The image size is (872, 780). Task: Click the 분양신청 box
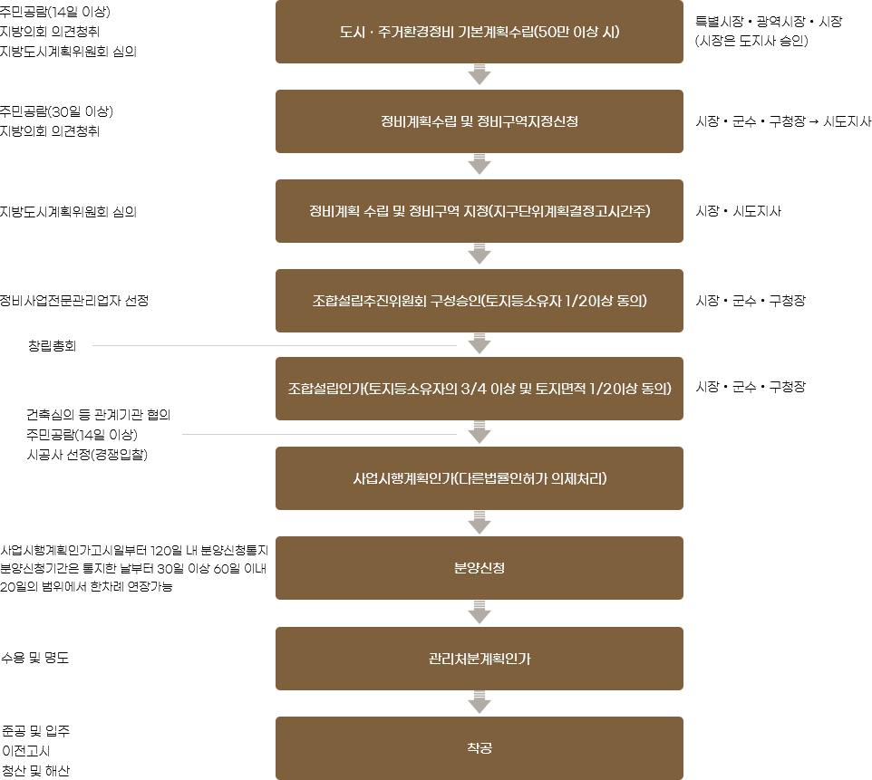point(480,568)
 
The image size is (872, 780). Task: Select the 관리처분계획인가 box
point(480,659)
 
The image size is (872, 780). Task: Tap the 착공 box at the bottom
point(480,748)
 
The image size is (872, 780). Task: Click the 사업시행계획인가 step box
point(480,478)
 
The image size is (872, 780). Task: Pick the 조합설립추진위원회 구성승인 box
point(480,301)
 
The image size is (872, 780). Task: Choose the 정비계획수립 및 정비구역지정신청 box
point(480,121)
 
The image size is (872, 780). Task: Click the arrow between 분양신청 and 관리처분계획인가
point(480,612)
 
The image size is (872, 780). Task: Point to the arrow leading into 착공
point(480,702)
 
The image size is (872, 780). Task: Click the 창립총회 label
point(53,346)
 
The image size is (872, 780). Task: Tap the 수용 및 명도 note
point(35,658)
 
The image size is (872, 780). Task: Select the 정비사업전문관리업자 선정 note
point(74,301)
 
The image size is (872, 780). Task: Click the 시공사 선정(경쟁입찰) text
point(87,455)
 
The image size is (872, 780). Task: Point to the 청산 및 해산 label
point(36,771)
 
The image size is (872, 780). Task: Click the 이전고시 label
point(26,750)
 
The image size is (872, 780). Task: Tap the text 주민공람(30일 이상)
point(56,111)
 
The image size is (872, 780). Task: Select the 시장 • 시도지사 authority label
point(739,211)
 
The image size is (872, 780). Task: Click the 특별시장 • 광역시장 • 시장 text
point(769,22)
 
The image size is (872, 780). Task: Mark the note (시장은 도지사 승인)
point(751,41)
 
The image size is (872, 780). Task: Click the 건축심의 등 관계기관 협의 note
point(99,415)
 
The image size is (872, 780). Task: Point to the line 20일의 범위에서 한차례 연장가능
point(86,586)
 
